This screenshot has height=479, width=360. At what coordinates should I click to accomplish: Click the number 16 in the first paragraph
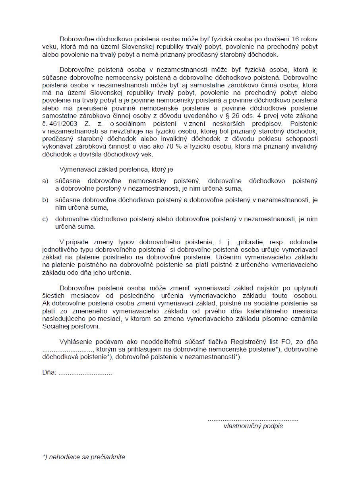pyautogui.click(x=296, y=39)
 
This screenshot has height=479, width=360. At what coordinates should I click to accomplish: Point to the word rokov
pyautogui.click(x=310, y=39)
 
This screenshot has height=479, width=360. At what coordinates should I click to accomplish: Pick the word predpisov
pyautogui.click(x=263, y=123)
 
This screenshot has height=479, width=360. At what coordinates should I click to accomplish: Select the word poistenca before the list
pyautogui.click(x=130, y=170)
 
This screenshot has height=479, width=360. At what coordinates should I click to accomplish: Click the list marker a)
pyautogui.click(x=45, y=181)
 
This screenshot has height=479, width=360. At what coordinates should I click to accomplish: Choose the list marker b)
pyautogui.click(x=45, y=200)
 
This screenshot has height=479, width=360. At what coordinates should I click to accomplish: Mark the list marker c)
pyautogui.click(x=45, y=219)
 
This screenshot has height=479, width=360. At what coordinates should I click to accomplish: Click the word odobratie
pyautogui.click(x=304, y=242)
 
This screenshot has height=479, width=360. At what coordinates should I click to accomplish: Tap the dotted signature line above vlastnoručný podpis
pyautogui.click(x=253, y=419)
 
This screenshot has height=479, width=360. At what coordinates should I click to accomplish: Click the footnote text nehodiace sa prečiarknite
pyautogui.click(x=86, y=457)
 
